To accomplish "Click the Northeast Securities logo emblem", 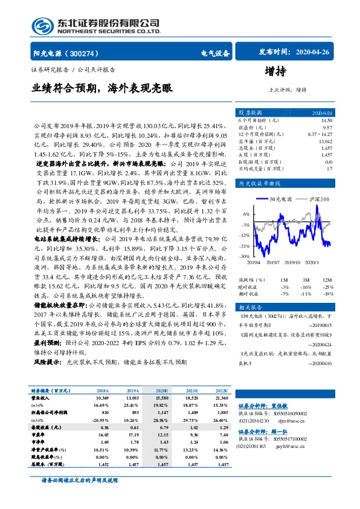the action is pyautogui.click(x=42, y=26).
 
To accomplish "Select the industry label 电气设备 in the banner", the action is pyautogui.click(x=215, y=53).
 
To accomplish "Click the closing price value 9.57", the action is pyautogui.click(x=327, y=128).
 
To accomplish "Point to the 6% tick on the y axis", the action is pyautogui.click(x=246, y=214).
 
